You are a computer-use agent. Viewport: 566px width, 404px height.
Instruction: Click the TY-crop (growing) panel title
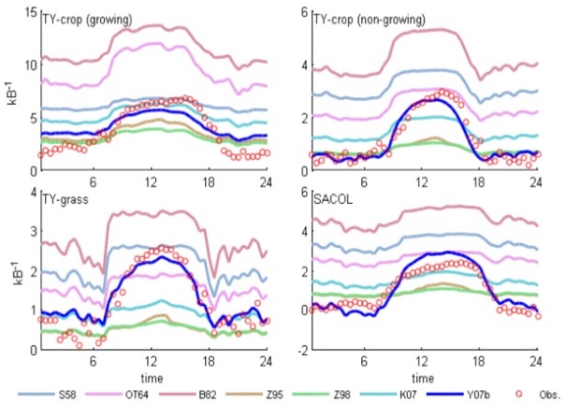[x=87, y=19]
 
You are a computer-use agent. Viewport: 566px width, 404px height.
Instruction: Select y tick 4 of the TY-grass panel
[x=33, y=193]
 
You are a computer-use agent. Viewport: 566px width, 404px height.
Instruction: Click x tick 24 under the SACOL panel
[x=537, y=361]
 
